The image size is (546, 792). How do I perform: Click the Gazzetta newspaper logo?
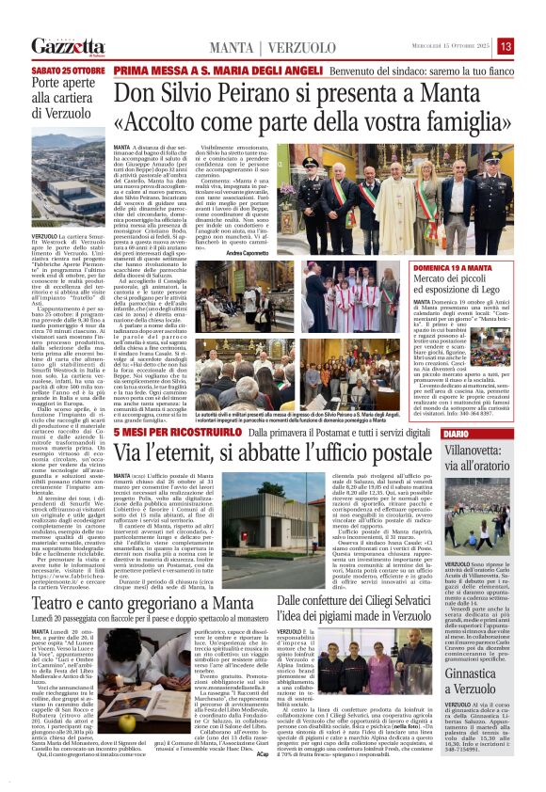(69, 46)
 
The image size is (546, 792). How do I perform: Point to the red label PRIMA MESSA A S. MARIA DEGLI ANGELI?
(193, 70)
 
